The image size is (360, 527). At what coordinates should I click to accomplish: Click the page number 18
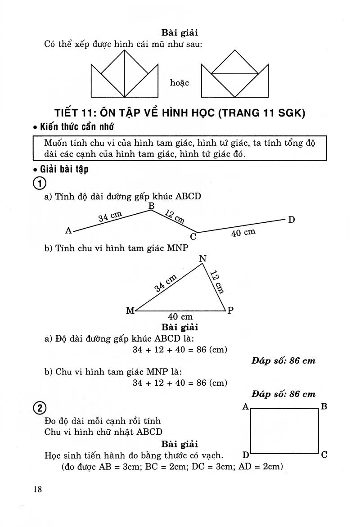tap(37, 490)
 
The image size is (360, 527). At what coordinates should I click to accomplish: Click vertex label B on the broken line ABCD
tap(152, 206)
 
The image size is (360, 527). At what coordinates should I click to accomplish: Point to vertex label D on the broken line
tap(291, 220)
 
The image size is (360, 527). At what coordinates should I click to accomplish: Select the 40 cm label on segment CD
tap(243, 233)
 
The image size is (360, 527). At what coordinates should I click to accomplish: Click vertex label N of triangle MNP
tap(202, 258)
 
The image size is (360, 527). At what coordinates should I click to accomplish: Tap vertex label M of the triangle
tap(130, 310)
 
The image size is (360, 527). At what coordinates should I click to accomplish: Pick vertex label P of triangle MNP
tap(230, 310)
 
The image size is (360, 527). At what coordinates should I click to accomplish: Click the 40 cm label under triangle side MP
tap(180, 317)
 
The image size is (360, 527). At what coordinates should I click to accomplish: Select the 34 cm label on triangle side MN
tap(166, 283)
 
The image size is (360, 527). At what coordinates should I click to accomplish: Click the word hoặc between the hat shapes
tap(180, 83)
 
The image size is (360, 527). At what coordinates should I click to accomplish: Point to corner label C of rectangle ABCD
tap(324, 455)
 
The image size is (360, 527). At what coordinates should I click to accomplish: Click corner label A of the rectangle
tap(245, 406)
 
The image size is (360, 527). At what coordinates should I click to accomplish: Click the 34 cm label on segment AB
tap(110, 217)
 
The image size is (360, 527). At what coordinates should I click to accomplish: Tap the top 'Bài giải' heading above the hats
tap(180, 32)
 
